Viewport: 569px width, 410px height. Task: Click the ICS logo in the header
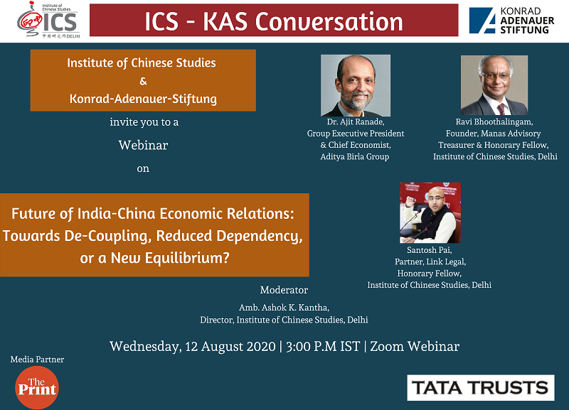(48, 20)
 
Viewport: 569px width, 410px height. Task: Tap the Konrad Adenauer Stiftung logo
(511, 21)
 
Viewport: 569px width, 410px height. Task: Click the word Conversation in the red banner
(329, 21)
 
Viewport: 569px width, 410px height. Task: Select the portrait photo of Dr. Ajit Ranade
(356, 85)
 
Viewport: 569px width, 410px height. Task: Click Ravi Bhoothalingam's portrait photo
(494, 85)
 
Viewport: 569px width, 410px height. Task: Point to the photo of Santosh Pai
(430, 212)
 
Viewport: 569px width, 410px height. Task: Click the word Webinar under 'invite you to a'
(144, 145)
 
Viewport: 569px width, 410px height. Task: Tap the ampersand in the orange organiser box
(144, 81)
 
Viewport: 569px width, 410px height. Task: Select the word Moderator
(284, 290)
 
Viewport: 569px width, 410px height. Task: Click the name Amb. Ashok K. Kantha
(284, 308)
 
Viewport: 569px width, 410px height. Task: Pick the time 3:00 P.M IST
(323, 346)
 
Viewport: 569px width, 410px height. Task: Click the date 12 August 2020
(230, 347)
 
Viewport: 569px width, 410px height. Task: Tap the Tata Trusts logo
(481, 387)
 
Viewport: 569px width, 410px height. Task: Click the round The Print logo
(37, 387)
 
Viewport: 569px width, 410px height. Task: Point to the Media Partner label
(37, 360)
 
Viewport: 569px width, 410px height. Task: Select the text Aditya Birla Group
(354, 156)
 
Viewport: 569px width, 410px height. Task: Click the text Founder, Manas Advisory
(493, 134)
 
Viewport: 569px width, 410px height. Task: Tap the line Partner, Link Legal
(430, 261)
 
